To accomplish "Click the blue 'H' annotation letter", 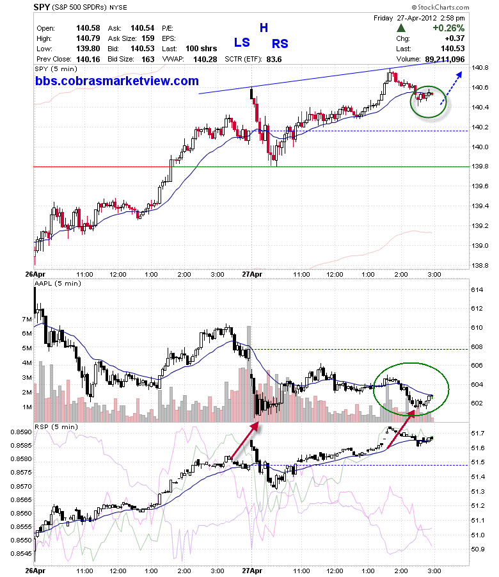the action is pyautogui.click(x=264, y=28).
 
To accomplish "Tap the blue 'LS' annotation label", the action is pyautogui.click(x=242, y=43).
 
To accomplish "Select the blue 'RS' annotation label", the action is pyautogui.click(x=280, y=44).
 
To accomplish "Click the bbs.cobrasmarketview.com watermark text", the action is pyautogui.click(x=117, y=81).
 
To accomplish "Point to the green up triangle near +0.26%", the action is pyautogui.click(x=401, y=28).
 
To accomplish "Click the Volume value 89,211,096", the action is pyautogui.click(x=445, y=60).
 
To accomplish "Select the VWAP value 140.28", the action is pyautogui.click(x=205, y=60).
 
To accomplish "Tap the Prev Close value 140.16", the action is pyautogui.click(x=88, y=60).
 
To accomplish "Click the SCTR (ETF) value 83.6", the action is pyautogui.click(x=274, y=60).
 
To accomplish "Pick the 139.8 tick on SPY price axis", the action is pyautogui.click(x=480, y=167).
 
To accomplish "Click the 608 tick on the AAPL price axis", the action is pyautogui.click(x=477, y=346).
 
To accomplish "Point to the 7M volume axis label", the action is pyautogui.click(x=27, y=319).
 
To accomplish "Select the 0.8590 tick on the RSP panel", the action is pyautogui.click(x=21, y=432).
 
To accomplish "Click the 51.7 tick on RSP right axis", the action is pyautogui.click(x=478, y=433).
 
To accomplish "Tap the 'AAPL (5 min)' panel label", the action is pyautogui.click(x=58, y=283).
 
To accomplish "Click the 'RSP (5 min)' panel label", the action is pyautogui.click(x=56, y=427).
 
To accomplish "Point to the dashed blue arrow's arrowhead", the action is pyautogui.click(x=459, y=74).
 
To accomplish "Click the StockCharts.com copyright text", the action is pyautogui.click(x=440, y=7).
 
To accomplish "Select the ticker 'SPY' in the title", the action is pyautogui.click(x=42, y=7).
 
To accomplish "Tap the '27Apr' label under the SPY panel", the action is pyautogui.click(x=252, y=274).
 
